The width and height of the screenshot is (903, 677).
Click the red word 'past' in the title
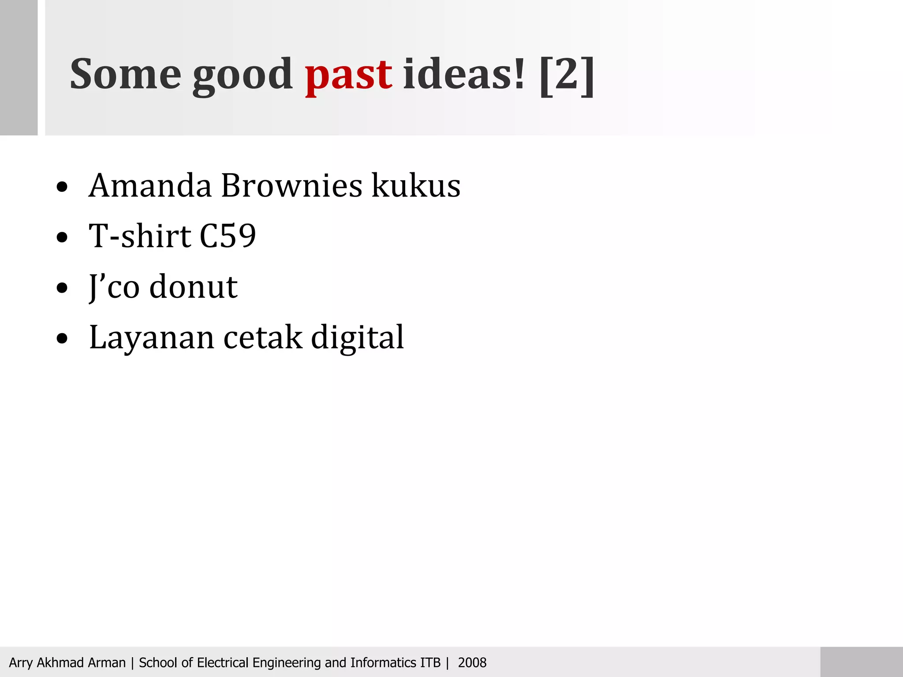pos(348,75)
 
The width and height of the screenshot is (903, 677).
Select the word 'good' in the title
pos(242,76)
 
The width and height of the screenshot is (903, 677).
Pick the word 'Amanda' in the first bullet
pos(150,186)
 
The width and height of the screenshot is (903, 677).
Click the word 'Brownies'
pos(291,186)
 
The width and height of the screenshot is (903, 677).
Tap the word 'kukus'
pos(416,186)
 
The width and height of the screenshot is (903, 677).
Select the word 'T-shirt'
pos(140,236)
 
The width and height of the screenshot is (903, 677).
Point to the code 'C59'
pos(228,236)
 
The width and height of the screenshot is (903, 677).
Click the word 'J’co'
pos(114,287)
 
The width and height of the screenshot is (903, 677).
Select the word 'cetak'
pos(263,338)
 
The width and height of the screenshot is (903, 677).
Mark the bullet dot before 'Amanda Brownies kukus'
pos(62,187)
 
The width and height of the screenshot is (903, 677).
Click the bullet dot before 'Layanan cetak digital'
pos(62,339)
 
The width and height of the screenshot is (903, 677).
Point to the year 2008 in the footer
pos(472,662)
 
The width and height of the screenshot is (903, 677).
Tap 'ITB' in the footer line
pos(430,662)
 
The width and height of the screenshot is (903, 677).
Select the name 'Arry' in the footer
pos(21,663)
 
